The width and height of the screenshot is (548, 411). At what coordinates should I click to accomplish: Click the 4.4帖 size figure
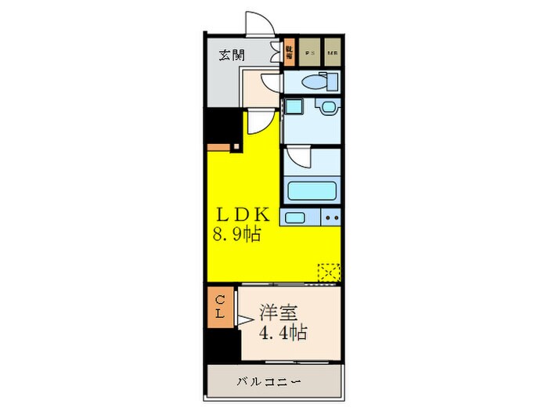tap(283, 332)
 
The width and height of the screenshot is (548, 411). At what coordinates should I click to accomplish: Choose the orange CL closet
tap(220, 306)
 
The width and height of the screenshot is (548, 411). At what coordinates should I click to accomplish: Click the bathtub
tap(312, 191)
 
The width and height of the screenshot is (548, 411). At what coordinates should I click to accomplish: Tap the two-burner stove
tap(330, 217)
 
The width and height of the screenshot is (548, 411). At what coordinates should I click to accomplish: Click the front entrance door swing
tap(258, 24)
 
